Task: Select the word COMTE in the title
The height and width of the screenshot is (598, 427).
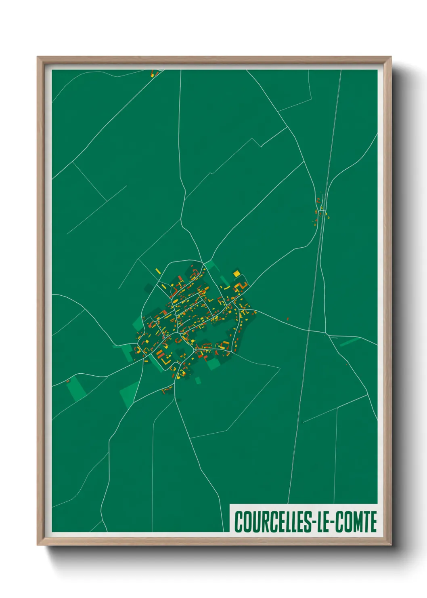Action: (x=357, y=522)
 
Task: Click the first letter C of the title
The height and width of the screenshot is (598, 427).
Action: (x=238, y=522)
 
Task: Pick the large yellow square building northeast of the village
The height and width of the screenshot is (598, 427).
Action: (x=237, y=274)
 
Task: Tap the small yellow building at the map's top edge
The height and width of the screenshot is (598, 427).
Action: (x=153, y=74)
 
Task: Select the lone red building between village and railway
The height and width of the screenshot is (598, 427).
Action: (x=288, y=318)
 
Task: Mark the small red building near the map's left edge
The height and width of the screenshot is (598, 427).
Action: (x=68, y=381)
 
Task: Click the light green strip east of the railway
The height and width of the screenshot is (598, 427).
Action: (x=349, y=342)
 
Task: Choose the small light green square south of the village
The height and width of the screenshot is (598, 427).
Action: (x=198, y=381)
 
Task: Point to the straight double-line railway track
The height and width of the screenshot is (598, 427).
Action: (x=315, y=283)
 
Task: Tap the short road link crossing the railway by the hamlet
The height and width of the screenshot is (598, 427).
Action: (x=322, y=211)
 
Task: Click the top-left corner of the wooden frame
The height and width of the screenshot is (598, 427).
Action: (x=38, y=57)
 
